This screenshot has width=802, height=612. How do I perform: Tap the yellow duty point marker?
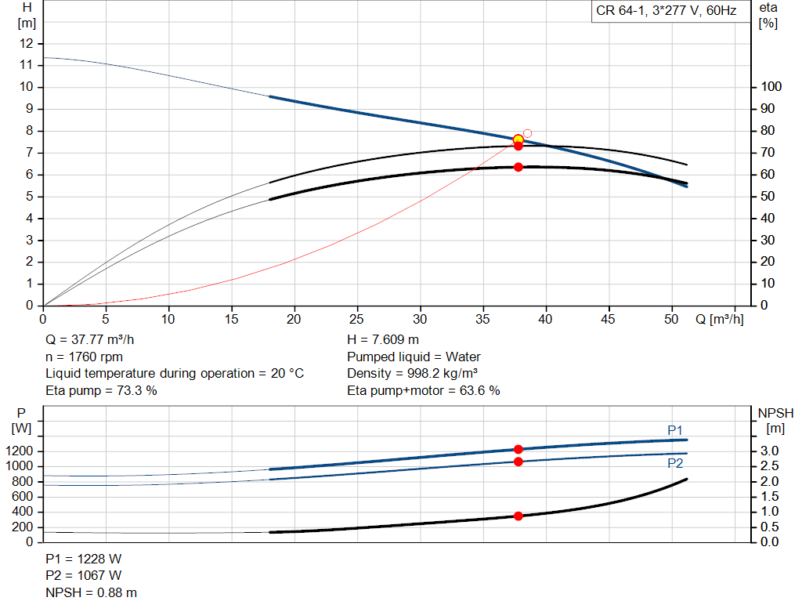point(518,139)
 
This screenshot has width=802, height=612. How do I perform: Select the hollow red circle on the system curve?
point(527,133)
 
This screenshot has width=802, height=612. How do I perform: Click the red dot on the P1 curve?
point(518,449)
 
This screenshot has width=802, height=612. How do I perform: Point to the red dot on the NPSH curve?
point(518,516)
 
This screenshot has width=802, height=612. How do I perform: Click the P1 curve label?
point(675,429)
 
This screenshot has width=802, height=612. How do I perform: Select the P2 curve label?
point(675,463)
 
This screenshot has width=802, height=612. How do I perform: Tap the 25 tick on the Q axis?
point(358,320)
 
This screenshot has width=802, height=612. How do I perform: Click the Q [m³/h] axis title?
point(719,320)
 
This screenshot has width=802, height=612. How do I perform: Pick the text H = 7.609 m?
point(383,340)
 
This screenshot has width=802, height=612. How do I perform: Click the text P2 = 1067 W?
point(84,576)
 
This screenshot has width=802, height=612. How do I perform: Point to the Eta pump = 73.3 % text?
point(102,390)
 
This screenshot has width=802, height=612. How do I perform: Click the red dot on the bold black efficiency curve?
point(518,167)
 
